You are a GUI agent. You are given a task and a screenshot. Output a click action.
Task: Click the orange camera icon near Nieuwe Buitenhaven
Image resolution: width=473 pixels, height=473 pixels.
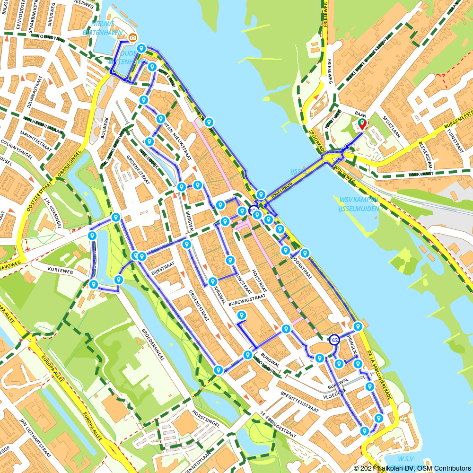pos(133,37)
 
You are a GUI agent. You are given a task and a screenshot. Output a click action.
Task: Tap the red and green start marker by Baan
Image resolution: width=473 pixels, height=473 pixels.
pos(362,123)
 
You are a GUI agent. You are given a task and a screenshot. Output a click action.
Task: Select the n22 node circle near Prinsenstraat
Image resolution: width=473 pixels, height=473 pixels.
pos(334,339)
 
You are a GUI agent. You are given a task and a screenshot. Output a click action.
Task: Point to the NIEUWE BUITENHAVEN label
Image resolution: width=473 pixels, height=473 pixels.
pos(99,28)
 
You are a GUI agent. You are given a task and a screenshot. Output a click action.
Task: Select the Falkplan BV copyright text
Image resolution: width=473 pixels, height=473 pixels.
pos(412,468)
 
